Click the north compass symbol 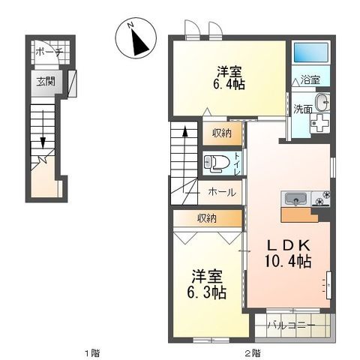[x=137, y=38]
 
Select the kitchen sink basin [x=295, y=199]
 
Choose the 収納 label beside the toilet [x=221, y=133]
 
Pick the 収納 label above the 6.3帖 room [x=208, y=218]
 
